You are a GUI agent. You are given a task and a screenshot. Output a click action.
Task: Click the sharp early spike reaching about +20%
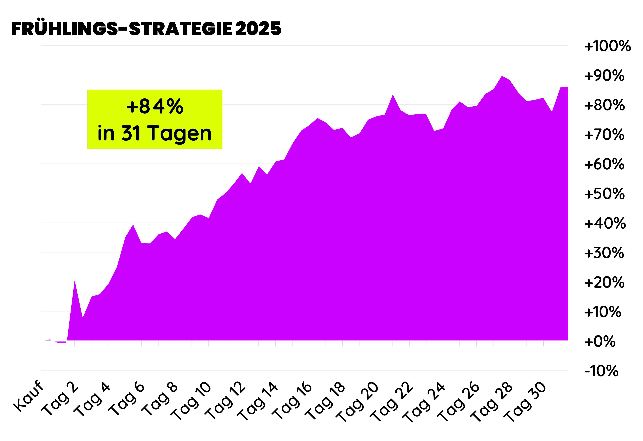[74, 281]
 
